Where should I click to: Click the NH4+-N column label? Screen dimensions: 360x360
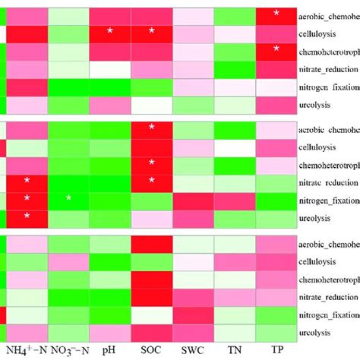coord(27,350)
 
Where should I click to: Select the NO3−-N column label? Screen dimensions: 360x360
coord(68,350)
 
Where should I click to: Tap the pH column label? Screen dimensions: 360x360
coord(109,350)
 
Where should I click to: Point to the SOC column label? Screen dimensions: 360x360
coord(151,350)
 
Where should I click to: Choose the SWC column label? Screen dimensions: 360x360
coord(193,350)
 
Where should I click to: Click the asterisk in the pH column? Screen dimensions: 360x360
coord(109,31)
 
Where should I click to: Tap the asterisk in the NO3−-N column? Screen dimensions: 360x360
coord(68,198)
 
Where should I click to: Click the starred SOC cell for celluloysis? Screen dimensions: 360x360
coord(151,31)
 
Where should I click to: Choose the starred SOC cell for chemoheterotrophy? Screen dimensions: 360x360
coord(151,163)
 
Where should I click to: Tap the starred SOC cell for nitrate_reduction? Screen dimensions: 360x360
coord(151,181)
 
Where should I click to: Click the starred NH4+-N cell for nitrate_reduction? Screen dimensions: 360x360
coord(27,181)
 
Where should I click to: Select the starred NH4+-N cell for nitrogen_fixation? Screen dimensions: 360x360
coord(27,198)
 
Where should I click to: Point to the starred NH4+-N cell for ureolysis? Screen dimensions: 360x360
coord(27,216)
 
